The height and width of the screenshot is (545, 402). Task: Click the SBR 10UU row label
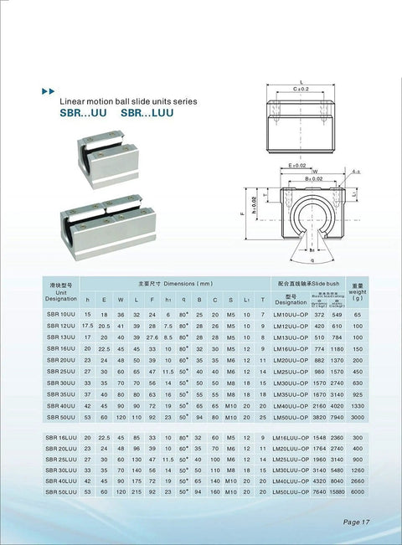[x=60, y=314]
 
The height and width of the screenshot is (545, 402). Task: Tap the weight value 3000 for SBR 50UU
[x=357, y=415]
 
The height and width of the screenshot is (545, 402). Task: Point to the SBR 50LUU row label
[x=60, y=494]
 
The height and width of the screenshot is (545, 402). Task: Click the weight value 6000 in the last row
[x=357, y=494]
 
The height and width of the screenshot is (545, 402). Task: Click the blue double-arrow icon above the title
[x=48, y=89]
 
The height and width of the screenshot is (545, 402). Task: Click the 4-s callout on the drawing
[x=357, y=172]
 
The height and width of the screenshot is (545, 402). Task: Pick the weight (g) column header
[x=357, y=292]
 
